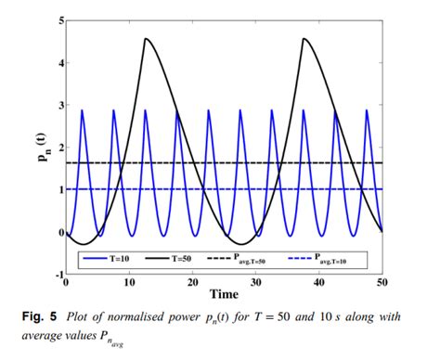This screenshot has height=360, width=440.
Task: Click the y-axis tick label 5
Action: click(60, 19)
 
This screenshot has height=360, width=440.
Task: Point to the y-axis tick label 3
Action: click(60, 105)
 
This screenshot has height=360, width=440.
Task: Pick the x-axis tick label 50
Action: click(382, 283)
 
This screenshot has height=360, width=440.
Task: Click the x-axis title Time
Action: click(224, 294)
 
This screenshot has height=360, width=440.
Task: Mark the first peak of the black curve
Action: click(146, 38)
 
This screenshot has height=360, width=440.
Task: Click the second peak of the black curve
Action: click(304, 38)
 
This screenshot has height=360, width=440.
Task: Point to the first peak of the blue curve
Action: click(83, 110)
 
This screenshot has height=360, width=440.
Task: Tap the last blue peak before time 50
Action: click(368, 110)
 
